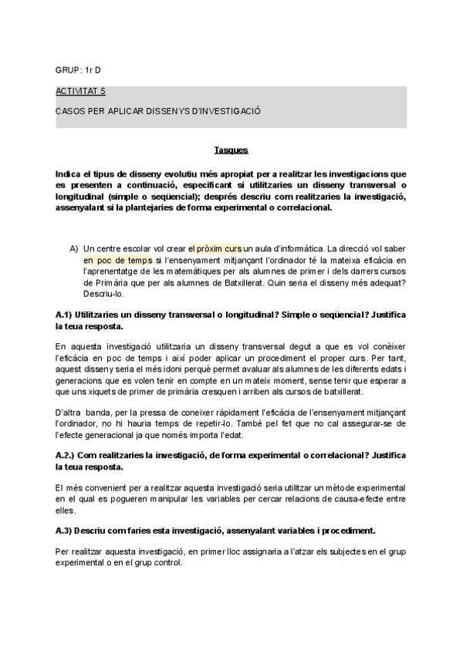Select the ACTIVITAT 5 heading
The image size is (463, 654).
coord(81,91)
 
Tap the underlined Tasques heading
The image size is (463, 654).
coord(231,150)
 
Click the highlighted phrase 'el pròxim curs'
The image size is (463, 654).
coord(215,249)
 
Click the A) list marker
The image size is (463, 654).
coord(74,249)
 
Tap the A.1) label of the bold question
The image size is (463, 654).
coord(66,316)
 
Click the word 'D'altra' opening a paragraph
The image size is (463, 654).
coord(69,413)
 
